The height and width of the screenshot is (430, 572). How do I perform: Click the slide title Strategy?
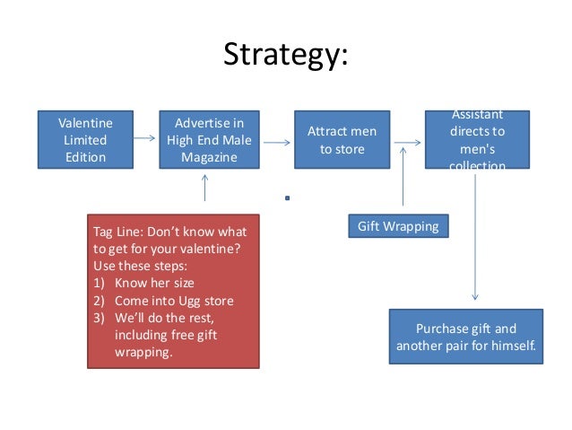coord(285,55)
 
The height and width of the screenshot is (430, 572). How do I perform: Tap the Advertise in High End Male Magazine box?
coord(209,139)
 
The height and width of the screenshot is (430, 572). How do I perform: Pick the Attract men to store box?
coord(342,139)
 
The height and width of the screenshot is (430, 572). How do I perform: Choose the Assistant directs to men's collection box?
coord(476,139)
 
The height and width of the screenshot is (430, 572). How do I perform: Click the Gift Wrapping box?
coord(398,226)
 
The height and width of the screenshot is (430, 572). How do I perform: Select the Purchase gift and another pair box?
coord(467,337)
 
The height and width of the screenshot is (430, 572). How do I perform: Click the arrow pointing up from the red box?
coord(205,188)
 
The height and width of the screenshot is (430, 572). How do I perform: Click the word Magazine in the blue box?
coord(209,157)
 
